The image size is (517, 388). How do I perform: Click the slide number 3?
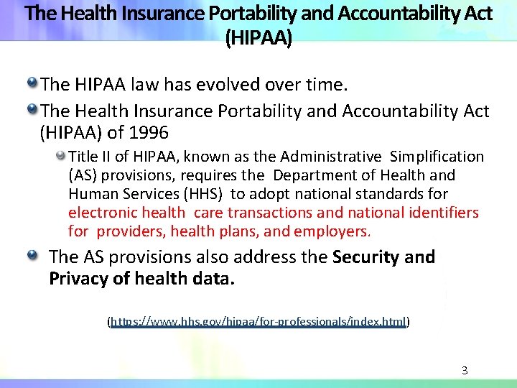tap(465, 371)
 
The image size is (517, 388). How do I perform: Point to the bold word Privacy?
tap(78, 278)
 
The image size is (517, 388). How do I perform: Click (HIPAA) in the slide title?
tap(258, 37)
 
